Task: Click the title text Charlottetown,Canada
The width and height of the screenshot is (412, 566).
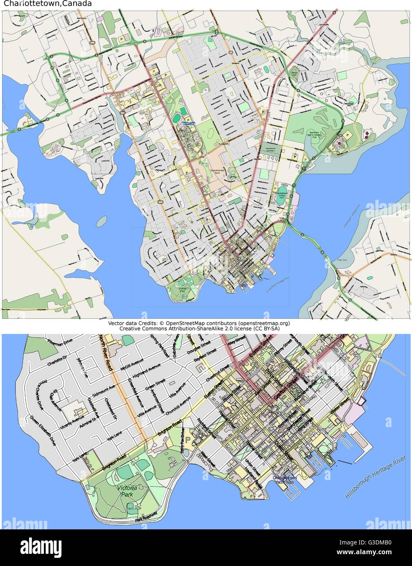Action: tap(48, 4)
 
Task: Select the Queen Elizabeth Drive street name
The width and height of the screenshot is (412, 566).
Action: tap(42, 431)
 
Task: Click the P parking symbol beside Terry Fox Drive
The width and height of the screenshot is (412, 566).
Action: tap(188, 440)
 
